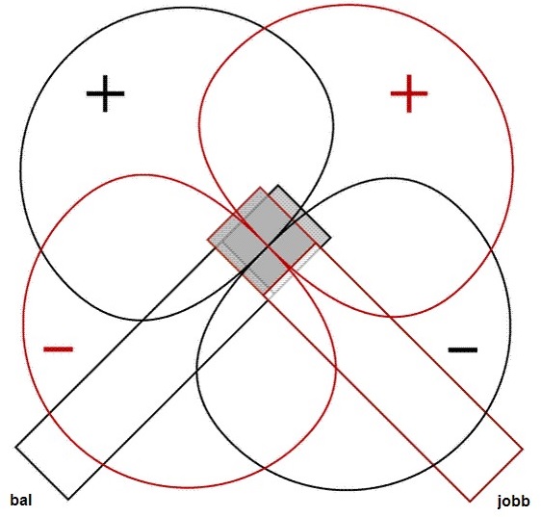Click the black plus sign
[x=105, y=93]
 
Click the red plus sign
[x=409, y=93]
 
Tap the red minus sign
[x=59, y=349]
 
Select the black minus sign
[x=463, y=350]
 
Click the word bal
[x=21, y=500]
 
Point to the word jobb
[x=514, y=502]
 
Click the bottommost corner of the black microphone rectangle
[x=68, y=500]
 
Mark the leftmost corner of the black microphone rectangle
[x=15, y=447]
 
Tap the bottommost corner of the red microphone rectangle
[x=470, y=502]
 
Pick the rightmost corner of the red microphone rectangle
[x=523, y=450]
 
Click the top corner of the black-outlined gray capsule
[x=278, y=186]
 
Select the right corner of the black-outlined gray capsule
[x=331, y=238]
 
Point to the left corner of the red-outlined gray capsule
[x=208, y=240]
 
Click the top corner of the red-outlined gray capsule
[x=260, y=188]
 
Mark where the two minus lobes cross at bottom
[x=265, y=468]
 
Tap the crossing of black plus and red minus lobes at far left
[x=40, y=248]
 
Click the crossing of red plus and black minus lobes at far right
[x=491, y=249]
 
